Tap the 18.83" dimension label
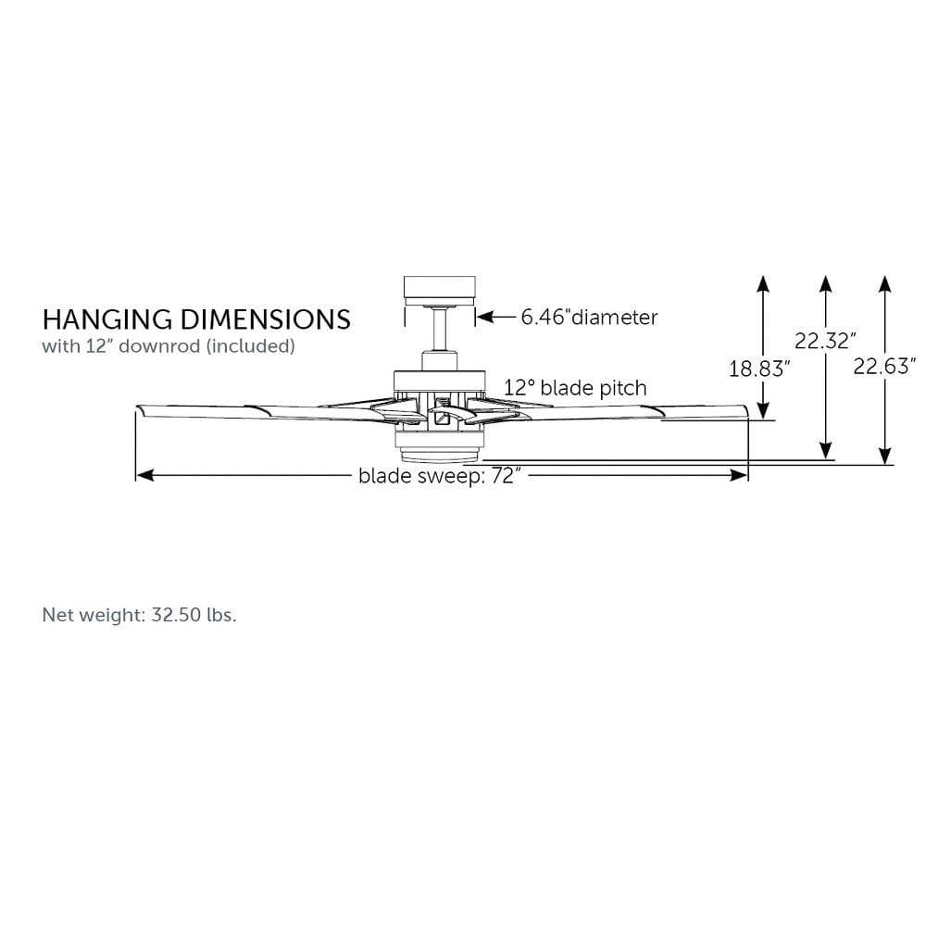759,369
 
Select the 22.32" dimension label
823,341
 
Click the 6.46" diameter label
589,318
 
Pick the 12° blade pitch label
575,387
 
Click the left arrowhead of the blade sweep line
144,475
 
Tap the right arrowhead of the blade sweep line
741,475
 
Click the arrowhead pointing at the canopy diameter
483,318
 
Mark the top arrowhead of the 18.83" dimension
762,282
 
